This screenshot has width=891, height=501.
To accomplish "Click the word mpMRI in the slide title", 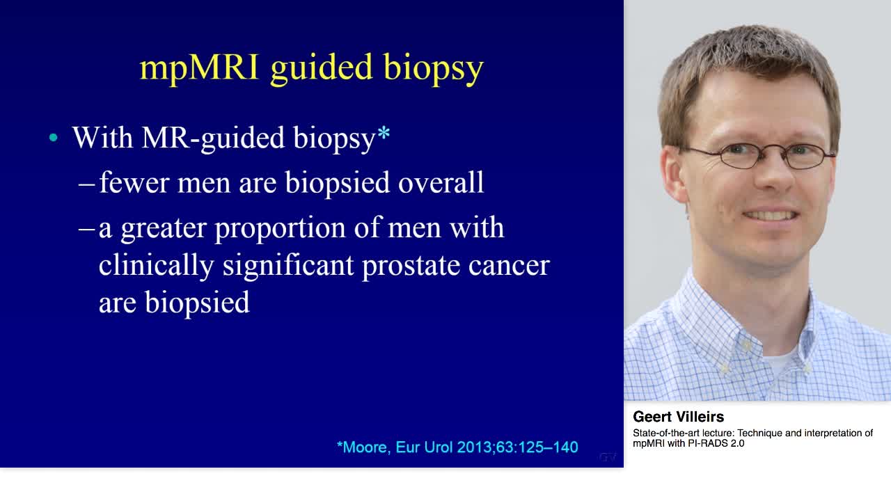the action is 200,68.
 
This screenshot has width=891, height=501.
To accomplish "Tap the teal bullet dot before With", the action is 54,138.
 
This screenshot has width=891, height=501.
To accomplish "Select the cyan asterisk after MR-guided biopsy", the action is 384,133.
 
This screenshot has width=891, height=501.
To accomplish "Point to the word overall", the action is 441,182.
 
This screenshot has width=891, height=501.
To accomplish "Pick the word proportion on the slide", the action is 280,229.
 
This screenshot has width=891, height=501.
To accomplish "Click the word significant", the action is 288,266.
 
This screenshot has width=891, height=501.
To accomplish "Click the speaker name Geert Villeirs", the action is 678,417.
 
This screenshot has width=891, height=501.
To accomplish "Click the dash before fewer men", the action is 87,184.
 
